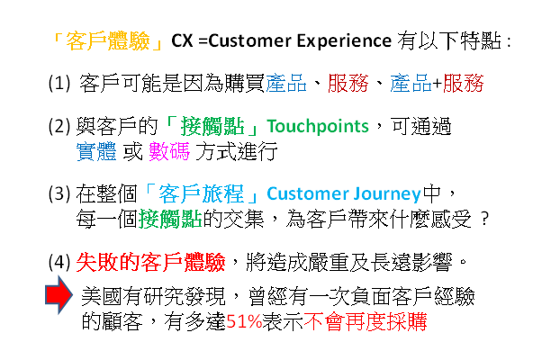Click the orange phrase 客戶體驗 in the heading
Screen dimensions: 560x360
[x=108, y=41]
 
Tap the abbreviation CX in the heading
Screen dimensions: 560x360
[x=182, y=40]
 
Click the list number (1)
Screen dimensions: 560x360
[x=59, y=83]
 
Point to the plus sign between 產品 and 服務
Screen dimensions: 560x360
[x=438, y=84]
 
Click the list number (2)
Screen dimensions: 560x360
[x=59, y=126]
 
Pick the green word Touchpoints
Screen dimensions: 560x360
[x=318, y=126]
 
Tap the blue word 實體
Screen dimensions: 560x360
[x=96, y=151]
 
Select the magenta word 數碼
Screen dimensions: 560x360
[x=169, y=151]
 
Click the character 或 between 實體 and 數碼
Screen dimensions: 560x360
[x=133, y=151]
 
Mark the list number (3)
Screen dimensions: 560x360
[x=59, y=193]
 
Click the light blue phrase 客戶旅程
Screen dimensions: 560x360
[x=201, y=193]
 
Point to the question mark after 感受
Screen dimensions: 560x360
[x=484, y=219]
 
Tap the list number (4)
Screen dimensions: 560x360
[x=59, y=262]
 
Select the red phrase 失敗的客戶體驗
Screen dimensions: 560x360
[x=150, y=262]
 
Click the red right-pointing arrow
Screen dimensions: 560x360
[x=59, y=295]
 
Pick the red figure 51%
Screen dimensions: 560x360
[x=244, y=321]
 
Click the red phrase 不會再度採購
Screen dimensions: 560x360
[x=365, y=321]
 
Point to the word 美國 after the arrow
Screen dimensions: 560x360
[x=102, y=296]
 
